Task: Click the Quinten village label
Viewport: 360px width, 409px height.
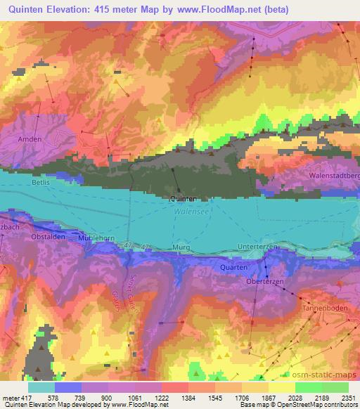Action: tap(183, 199)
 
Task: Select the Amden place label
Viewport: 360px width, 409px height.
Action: tap(30, 139)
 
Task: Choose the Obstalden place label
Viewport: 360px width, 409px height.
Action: tap(48, 237)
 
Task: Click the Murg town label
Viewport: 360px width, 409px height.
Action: tap(181, 249)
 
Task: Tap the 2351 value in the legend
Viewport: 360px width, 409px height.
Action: tap(347, 398)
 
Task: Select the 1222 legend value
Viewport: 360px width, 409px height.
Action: tap(161, 398)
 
